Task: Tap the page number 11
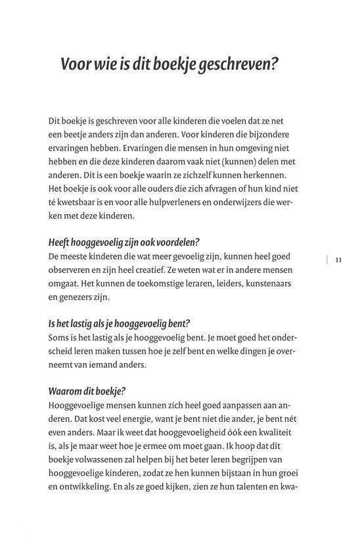click(338, 260)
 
